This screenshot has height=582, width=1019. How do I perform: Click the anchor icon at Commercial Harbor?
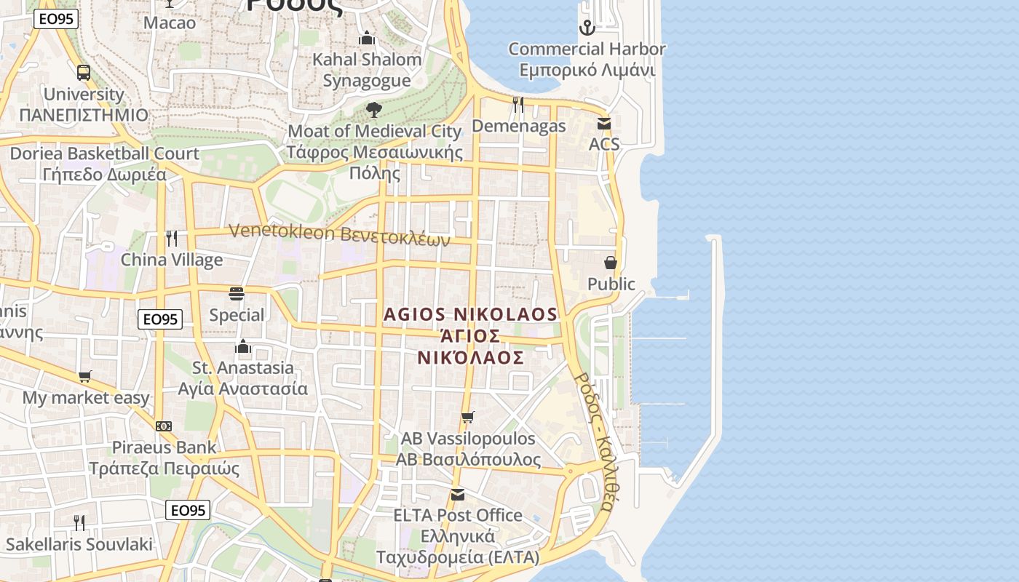(587, 28)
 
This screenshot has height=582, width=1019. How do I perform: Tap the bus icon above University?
(84, 73)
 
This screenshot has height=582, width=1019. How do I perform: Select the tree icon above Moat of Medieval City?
(374, 110)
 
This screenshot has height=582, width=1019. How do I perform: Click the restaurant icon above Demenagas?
(518, 105)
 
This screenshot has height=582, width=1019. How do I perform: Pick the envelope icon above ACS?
(604, 124)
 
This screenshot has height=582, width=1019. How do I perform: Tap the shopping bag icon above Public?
(611, 263)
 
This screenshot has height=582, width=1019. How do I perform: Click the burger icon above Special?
(237, 294)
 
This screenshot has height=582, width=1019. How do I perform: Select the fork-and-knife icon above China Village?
(172, 238)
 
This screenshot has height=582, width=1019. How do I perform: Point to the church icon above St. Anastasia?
(243, 346)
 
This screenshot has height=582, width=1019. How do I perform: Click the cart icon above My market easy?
(85, 376)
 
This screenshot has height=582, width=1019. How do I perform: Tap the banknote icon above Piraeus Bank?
(164, 426)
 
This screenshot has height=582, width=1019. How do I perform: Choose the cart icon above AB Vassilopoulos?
(468, 417)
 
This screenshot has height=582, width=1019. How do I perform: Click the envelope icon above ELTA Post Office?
(457, 495)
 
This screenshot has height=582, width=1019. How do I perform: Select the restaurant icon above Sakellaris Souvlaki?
(79, 522)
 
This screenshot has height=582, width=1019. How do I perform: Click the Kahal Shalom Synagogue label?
(367, 70)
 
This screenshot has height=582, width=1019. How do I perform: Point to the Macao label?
(170, 23)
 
